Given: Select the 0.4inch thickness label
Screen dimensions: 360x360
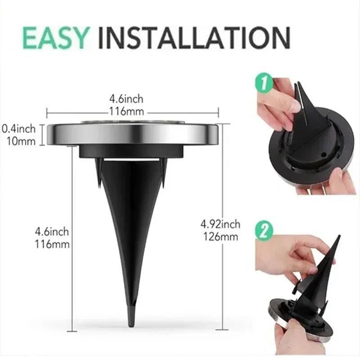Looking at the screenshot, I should [x=19, y=129].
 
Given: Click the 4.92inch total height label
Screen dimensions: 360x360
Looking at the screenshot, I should [x=220, y=224].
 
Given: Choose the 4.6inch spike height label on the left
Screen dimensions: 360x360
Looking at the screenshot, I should [x=52, y=232].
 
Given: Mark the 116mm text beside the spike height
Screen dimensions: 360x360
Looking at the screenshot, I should [x=52, y=244].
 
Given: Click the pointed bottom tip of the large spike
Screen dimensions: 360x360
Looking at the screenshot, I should [x=131, y=323].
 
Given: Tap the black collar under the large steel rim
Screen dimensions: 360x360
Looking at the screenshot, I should [x=131, y=151].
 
